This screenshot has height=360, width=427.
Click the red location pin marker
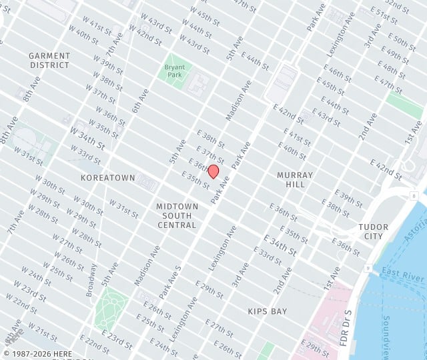213,171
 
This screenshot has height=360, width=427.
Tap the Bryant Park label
175,71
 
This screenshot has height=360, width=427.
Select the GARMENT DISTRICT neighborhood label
49,61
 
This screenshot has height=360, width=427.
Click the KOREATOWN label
107,178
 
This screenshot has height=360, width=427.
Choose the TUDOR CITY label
373,231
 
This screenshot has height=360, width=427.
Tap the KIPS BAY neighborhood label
267,311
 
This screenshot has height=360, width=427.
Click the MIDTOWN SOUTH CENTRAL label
177,215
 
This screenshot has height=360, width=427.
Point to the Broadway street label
91,281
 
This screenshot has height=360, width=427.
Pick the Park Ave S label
170,281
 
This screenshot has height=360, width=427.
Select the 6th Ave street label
140,100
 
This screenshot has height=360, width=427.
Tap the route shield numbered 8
414,195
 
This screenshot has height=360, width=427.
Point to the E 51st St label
384,15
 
